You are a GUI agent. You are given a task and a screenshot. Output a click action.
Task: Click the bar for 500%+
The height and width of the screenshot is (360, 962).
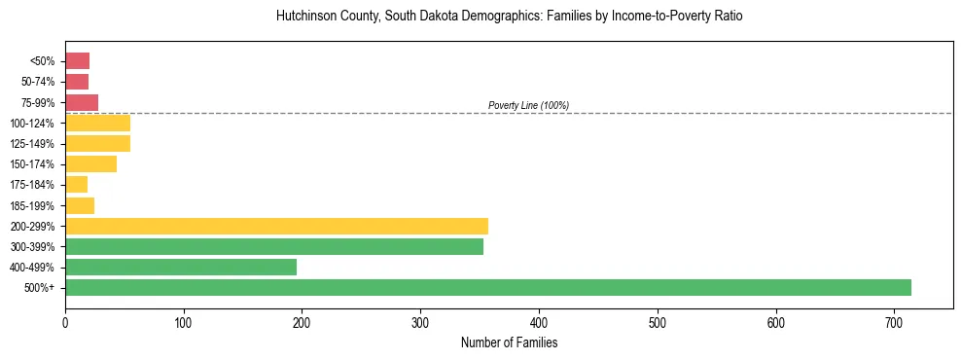pyautogui.click(x=487, y=288)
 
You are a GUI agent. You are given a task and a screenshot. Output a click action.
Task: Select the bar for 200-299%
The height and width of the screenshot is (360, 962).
pyautogui.click(x=276, y=227)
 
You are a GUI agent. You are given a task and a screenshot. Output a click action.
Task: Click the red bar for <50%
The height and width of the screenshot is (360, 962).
pyautogui.click(x=77, y=61)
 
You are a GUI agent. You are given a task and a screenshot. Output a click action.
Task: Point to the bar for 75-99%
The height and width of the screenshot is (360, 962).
pyautogui.click(x=82, y=103)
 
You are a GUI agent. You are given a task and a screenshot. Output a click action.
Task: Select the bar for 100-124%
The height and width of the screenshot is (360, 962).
pyautogui.click(x=97, y=124)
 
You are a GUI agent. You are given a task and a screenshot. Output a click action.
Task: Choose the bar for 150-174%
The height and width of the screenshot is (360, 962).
pyautogui.click(x=90, y=164)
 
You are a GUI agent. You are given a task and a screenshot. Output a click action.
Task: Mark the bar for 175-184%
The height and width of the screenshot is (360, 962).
pyautogui.click(x=76, y=185)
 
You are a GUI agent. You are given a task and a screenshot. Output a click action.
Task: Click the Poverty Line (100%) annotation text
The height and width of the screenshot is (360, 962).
pyautogui.click(x=528, y=105)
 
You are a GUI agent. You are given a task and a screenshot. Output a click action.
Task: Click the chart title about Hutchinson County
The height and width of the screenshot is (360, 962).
pyautogui.click(x=509, y=18)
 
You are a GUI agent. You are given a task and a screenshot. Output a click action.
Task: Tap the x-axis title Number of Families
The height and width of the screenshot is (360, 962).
pyautogui.click(x=509, y=342)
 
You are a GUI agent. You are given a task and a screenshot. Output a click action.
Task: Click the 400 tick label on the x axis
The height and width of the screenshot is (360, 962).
pyautogui.click(x=539, y=322)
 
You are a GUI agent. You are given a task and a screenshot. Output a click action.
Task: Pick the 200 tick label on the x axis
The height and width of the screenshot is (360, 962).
pyautogui.click(x=302, y=322)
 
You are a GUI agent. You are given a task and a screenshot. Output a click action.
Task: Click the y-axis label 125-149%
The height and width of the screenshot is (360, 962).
pyautogui.click(x=32, y=144)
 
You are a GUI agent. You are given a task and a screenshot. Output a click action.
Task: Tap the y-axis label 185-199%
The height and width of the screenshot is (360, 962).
pyautogui.click(x=32, y=206)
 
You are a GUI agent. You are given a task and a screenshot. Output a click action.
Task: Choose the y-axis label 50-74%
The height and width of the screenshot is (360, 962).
pyautogui.click(x=37, y=83)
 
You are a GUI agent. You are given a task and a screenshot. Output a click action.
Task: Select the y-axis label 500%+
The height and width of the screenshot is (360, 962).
pyautogui.click(x=41, y=288)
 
